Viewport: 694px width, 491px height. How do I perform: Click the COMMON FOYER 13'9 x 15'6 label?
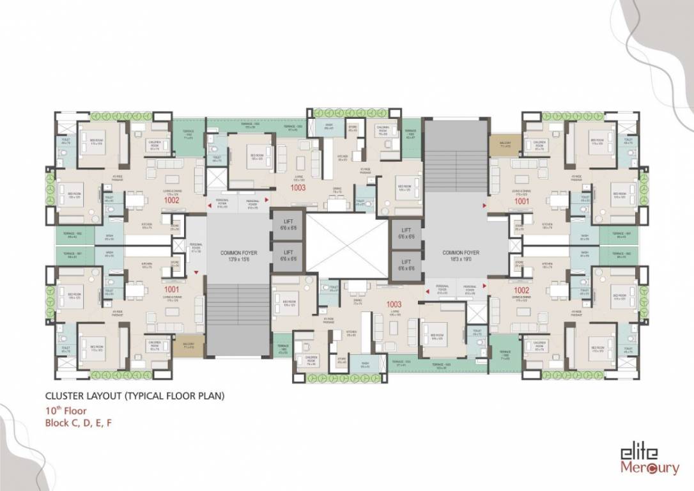pos(238,256)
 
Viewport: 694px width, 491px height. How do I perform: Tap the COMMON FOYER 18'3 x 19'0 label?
pos(460,256)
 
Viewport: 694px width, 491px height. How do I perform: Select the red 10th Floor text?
pos(65,411)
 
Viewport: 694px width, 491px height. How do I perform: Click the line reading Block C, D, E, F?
pos(82,423)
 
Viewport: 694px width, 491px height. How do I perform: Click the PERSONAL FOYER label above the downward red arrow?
pos(196,247)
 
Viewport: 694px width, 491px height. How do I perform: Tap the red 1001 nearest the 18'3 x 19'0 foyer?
pos(523,201)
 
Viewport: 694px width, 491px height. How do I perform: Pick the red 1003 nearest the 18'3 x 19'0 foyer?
pos(394,304)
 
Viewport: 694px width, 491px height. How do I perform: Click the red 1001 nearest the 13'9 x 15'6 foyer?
pos(171,289)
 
